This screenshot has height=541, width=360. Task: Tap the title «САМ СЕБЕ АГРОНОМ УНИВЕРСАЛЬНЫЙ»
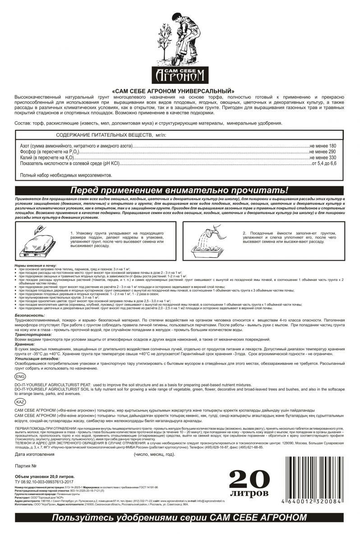180,91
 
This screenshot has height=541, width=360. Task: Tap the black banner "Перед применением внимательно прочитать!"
180,190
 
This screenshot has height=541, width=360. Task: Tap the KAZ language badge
20,402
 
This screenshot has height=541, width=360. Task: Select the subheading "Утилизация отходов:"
37,358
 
